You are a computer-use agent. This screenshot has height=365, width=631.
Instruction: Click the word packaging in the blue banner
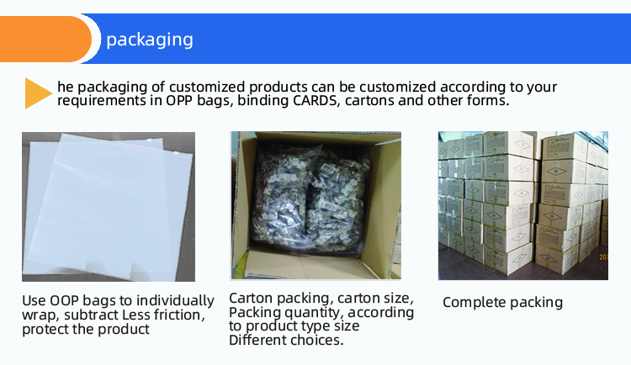[150, 40]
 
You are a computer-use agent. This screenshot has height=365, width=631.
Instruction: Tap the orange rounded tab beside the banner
[45, 39]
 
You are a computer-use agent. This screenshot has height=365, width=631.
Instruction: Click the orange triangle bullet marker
[38, 93]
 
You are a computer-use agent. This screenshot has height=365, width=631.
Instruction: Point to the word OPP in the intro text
[179, 100]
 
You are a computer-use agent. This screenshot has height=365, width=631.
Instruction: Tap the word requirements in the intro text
[102, 101]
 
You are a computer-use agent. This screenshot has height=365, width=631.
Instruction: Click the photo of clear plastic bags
[109, 206]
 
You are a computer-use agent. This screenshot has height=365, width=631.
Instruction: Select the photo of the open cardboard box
[315, 205]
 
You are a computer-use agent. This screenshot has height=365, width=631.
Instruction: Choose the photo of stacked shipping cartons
[523, 205]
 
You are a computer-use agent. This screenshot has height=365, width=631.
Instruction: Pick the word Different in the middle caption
[257, 340]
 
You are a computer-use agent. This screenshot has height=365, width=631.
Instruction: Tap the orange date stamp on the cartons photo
[603, 257]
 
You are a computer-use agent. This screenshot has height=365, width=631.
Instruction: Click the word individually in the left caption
[175, 301]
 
